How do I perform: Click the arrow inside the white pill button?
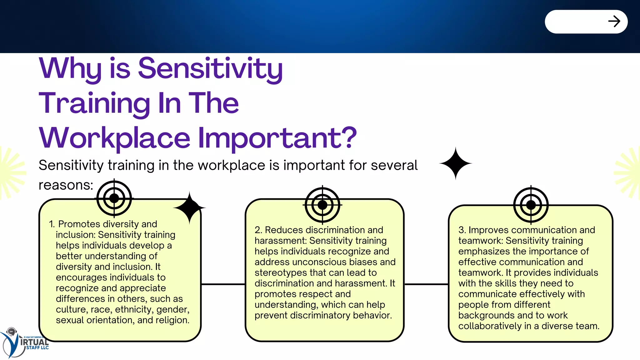coord(614,22)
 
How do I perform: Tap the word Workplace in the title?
coord(114,138)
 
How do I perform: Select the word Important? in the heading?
coord(277,138)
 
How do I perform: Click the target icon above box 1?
coord(114,198)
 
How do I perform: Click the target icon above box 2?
coord(322,205)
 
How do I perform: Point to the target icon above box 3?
coord(531,205)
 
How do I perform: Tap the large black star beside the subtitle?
coord(455,163)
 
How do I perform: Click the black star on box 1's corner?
coord(189,208)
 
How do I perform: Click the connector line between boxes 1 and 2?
coord(223,284)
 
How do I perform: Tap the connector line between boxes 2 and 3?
coord(426,284)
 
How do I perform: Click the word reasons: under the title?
coord(66,185)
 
